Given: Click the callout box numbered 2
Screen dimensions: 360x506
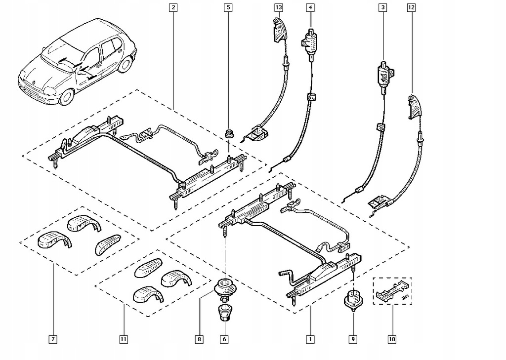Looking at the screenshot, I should [172, 7].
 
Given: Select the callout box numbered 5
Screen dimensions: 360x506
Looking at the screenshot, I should [228, 7].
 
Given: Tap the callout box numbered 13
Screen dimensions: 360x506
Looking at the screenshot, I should [279, 7].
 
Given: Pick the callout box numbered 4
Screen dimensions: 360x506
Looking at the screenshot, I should [310, 7].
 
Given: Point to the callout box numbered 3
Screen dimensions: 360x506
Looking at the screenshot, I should [382, 7].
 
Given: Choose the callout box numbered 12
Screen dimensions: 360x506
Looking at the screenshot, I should [412, 7].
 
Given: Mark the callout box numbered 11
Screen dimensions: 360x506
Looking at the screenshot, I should [123, 339].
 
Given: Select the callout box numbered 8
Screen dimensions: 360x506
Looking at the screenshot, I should [199, 339].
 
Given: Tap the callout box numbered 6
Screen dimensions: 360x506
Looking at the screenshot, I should [225, 339].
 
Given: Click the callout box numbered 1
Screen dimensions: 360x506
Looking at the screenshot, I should [310, 339].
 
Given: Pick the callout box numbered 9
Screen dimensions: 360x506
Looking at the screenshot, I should [354, 339].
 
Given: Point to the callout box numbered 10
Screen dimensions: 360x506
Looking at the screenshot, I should [392, 339].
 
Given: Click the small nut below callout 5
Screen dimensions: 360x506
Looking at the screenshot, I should [228, 133].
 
